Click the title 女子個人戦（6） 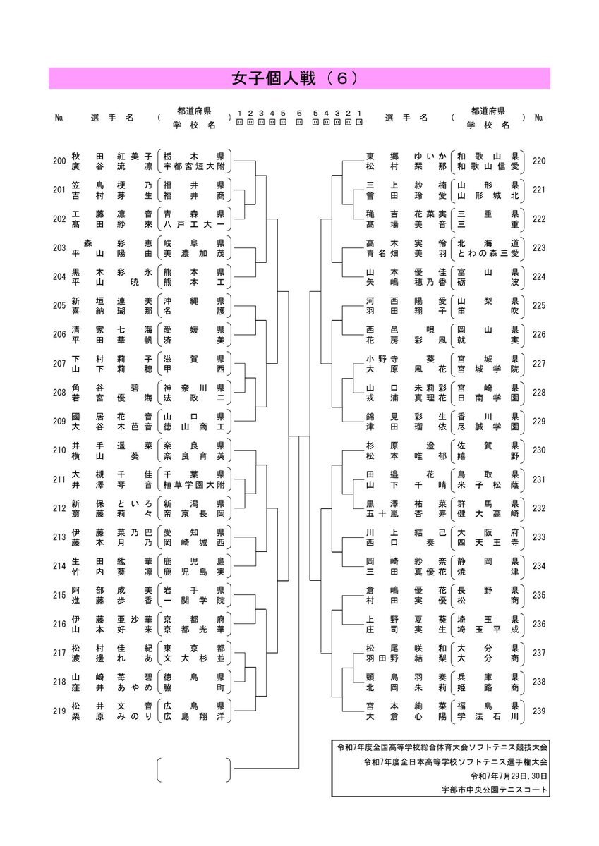click(x=295, y=78)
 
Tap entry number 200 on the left click(x=59, y=161)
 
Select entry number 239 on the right click(x=539, y=711)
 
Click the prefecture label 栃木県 click(x=194, y=156)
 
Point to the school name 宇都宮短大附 click(x=194, y=166)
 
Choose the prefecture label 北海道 click(x=488, y=243)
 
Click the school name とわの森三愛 click(x=488, y=253)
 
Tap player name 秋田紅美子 click(x=112, y=156)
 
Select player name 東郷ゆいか click(x=406, y=156)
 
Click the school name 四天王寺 click(x=488, y=543)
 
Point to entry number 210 click(x=59, y=450)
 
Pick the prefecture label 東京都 click(x=194, y=648)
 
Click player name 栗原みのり click(x=112, y=716)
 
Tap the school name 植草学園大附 click(x=194, y=484)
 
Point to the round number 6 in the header click(x=299, y=113)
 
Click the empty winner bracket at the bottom click(x=193, y=769)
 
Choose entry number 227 click(x=539, y=363)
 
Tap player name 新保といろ click(x=112, y=503)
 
